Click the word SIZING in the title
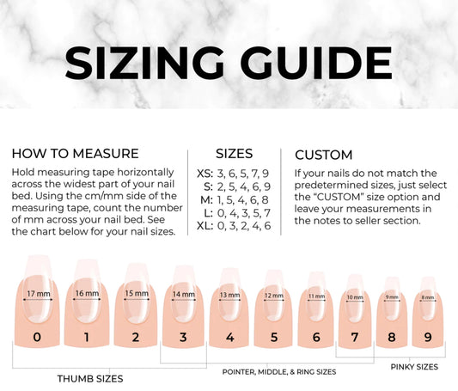(144, 63)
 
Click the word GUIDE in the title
(315, 63)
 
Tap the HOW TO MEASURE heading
(75, 154)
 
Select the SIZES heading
(234, 154)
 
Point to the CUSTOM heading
(324, 155)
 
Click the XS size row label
(205, 174)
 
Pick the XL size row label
(205, 226)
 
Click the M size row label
(206, 200)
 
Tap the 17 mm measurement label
(39, 294)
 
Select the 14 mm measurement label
(183, 295)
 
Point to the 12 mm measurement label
(274, 296)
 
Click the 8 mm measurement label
(428, 297)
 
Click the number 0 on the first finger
(37, 337)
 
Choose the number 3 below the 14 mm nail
(183, 337)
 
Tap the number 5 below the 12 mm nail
(274, 337)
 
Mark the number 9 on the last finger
(428, 337)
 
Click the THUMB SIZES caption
(90, 379)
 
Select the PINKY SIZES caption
(414, 367)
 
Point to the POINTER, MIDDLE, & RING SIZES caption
(279, 372)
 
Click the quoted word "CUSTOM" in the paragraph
(339, 197)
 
